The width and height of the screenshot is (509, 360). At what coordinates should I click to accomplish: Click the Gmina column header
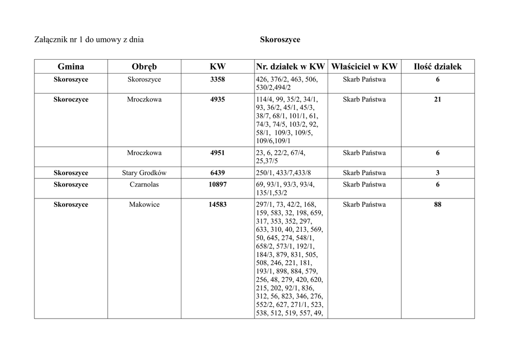(x=71, y=67)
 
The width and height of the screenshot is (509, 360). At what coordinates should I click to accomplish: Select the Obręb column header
(x=144, y=67)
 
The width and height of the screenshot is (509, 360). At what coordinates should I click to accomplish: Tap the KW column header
(x=218, y=67)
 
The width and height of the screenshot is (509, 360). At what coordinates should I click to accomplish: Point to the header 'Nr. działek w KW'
(x=290, y=67)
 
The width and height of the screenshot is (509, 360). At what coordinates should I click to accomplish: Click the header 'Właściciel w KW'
(x=364, y=67)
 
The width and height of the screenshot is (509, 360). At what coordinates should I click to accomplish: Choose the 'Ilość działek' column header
(x=437, y=67)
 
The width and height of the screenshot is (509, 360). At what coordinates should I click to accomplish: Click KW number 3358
(x=218, y=80)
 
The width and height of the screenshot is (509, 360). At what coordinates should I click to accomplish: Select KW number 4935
(x=218, y=99)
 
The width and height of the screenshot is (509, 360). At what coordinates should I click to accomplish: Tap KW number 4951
(x=218, y=153)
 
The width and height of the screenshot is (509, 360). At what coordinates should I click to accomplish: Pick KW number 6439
(x=218, y=173)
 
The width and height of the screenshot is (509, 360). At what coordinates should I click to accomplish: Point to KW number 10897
(x=218, y=184)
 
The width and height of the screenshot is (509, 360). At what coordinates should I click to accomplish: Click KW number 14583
(x=218, y=204)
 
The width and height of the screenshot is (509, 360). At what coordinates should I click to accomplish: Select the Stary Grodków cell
(x=144, y=173)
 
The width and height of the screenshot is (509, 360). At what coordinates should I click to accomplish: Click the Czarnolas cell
(x=144, y=184)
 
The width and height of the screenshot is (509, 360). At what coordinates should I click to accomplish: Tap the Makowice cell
(x=144, y=204)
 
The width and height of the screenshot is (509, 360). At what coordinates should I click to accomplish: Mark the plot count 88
(x=437, y=204)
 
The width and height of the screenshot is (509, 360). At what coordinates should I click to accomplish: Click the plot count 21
(x=437, y=99)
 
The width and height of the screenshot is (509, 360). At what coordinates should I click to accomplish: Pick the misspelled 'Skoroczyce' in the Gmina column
(x=71, y=99)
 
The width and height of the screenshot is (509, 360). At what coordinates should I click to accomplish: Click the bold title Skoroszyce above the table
(x=280, y=39)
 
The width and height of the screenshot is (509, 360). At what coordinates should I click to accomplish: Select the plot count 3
(x=437, y=173)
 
